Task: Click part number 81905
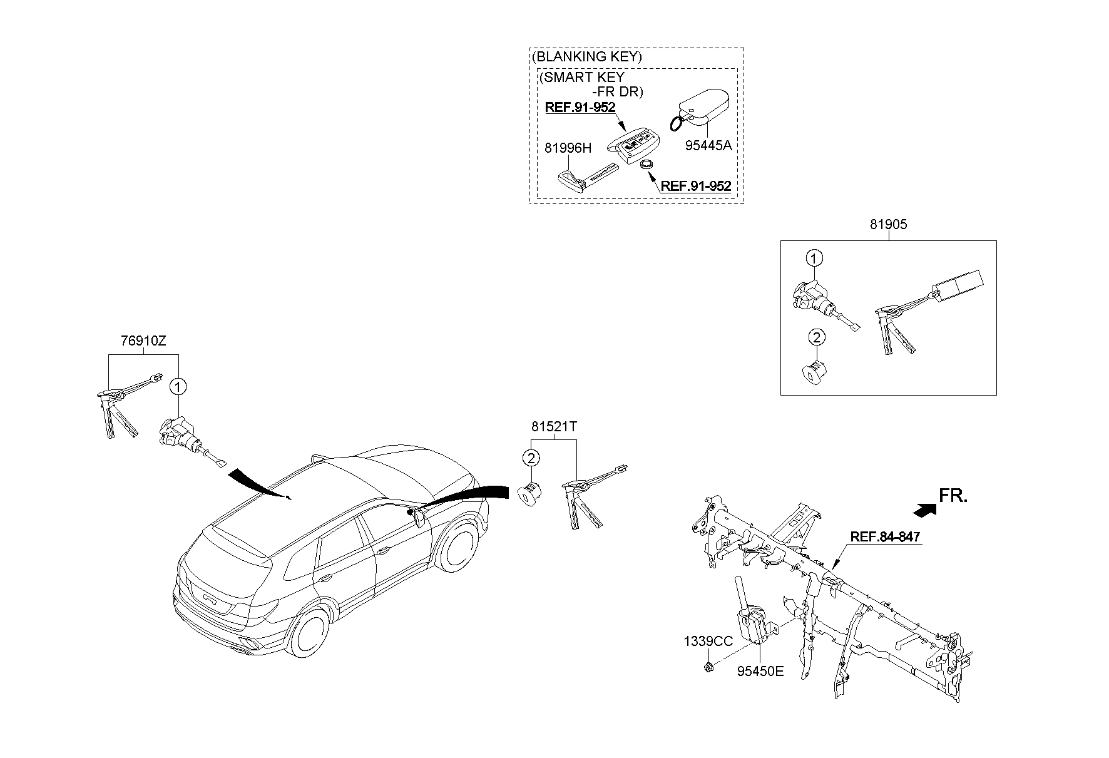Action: [x=888, y=224]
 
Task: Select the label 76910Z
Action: [x=143, y=341]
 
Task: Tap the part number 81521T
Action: [x=554, y=427]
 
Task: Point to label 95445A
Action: [x=708, y=145]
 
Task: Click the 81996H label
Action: [x=568, y=148]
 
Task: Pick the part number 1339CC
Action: [x=708, y=641]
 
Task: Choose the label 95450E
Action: [x=760, y=672]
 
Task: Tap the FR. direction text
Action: [x=953, y=496]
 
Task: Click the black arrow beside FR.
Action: [x=924, y=510]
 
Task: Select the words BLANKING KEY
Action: [x=588, y=56]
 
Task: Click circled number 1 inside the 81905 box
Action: [x=814, y=258]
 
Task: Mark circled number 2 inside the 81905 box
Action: [x=815, y=338]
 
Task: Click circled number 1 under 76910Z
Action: [x=178, y=387]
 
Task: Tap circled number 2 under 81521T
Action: [x=531, y=459]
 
